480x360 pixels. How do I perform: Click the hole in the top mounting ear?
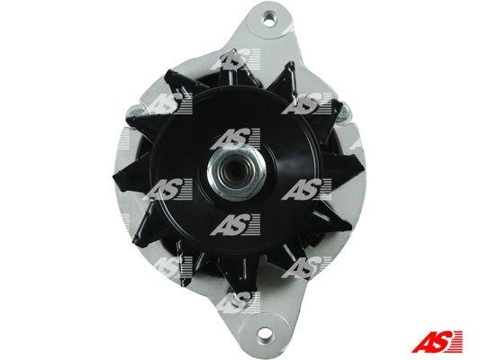[269, 18]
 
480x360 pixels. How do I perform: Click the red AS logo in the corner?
[437, 342]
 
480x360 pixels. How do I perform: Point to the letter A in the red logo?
[423, 342]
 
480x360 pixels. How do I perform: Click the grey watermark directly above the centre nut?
[235, 139]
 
